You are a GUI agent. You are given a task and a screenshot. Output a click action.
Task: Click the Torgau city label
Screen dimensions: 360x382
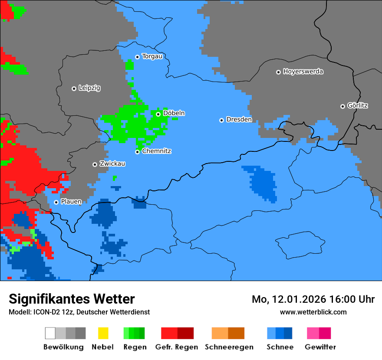152,56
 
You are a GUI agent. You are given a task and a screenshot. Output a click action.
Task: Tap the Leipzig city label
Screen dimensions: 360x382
89,88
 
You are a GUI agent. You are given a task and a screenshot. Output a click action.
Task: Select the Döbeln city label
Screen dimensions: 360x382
174,113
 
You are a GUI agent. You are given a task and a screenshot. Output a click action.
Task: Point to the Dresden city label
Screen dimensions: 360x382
239,119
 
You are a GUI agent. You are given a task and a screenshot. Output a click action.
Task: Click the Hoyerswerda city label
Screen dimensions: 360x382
303,72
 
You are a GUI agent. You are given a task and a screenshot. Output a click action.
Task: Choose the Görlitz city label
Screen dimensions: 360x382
358,105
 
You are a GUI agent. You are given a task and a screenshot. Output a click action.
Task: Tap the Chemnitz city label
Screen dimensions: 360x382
157,151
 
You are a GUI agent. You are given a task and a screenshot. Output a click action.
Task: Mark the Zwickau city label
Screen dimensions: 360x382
112,164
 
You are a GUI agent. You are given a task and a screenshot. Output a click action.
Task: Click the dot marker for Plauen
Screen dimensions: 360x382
56,202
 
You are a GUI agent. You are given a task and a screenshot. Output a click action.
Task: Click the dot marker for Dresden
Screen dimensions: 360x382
221,120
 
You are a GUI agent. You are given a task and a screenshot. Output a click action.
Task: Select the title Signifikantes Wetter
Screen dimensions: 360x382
72,299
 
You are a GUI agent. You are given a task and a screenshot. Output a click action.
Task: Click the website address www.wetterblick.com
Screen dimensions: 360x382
313,312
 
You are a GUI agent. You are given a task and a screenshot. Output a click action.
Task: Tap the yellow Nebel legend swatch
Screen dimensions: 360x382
103,333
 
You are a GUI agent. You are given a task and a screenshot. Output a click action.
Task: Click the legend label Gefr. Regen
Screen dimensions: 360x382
177,347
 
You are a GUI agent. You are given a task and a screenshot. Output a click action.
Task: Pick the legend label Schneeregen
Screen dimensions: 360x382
229,347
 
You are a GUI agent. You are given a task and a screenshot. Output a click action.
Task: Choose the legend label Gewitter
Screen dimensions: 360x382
320,347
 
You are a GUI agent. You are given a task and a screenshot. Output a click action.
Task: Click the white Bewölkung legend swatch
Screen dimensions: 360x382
50,333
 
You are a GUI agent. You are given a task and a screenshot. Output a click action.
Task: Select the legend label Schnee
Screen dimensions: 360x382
280,347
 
